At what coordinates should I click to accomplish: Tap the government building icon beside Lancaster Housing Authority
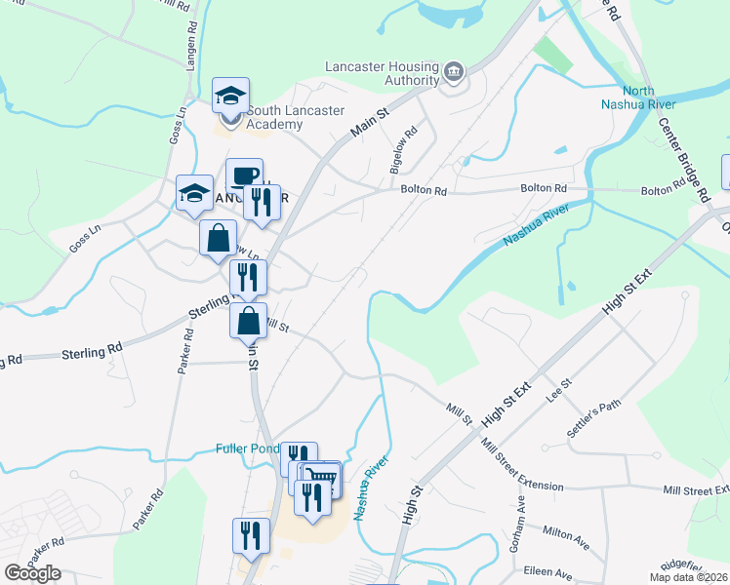453,72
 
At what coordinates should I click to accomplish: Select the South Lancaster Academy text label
293,118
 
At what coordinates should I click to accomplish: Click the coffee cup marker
244,176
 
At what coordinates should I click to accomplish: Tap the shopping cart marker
322,478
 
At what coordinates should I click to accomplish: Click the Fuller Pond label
247,449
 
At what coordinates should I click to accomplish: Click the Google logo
32,573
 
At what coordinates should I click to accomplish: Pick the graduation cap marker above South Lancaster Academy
230,97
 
